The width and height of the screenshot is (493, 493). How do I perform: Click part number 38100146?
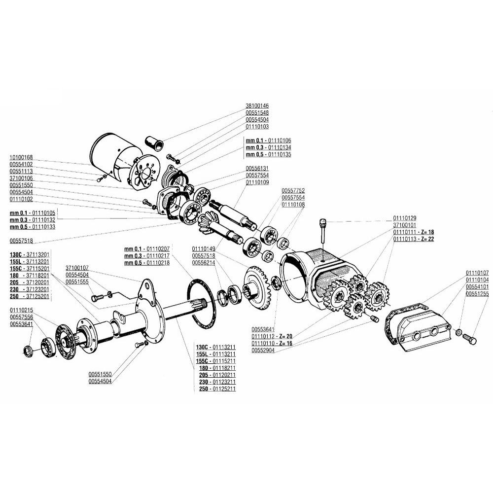point(257,106)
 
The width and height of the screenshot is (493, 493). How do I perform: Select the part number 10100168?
point(21,158)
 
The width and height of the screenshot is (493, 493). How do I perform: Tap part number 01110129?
point(405,218)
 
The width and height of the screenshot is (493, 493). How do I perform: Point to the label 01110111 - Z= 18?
point(414,232)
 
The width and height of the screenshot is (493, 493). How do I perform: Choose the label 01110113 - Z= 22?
point(414,239)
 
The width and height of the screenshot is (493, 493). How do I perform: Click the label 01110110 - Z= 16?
point(272,343)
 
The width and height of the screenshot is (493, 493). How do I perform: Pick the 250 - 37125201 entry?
point(30,296)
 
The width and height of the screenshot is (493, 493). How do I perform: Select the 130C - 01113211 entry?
point(216,348)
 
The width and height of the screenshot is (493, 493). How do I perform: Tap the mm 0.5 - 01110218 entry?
point(147,263)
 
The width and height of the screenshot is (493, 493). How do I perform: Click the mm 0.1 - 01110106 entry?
point(269,141)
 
